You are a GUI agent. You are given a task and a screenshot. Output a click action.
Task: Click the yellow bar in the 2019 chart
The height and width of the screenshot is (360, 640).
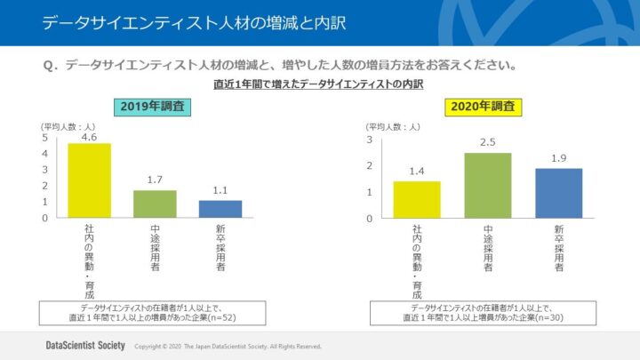pyautogui.click(x=90, y=180)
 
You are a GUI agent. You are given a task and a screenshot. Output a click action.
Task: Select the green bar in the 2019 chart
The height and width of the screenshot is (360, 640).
pyautogui.click(x=155, y=204)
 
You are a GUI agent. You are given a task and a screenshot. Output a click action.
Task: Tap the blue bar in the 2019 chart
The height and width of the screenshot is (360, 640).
pyautogui.click(x=220, y=209)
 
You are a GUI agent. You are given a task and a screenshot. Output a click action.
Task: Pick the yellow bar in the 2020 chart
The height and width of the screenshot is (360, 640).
pyautogui.click(x=417, y=199)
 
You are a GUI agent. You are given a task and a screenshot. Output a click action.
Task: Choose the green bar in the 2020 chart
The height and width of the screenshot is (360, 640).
pyautogui.click(x=488, y=185)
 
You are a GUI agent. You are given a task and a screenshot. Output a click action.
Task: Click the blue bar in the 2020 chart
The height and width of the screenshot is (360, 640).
pyautogui.click(x=558, y=193)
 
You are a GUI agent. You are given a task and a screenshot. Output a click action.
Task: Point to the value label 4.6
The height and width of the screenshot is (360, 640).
pyautogui.click(x=89, y=137)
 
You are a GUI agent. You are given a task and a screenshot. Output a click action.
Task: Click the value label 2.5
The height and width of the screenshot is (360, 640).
pyautogui.click(x=488, y=142)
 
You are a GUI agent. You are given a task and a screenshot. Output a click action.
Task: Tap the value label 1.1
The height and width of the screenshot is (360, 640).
pyautogui.click(x=220, y=190)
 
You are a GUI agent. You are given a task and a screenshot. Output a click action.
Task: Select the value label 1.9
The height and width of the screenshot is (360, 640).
pyautogui.click(x=558, y=158)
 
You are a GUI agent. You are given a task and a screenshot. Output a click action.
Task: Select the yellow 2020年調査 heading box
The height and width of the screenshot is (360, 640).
pyautogui.click(x=484, y=107)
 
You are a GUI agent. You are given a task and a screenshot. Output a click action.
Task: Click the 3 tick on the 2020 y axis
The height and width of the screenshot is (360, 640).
pyautogui.click(x=369, y=140)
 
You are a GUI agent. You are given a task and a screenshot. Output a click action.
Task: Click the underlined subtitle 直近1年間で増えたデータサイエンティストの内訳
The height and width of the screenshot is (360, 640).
pyautogui.click(x=318, y=84)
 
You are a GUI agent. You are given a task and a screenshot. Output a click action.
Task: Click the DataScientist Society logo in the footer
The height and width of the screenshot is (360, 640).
pyautogui.click(x=85, y=345)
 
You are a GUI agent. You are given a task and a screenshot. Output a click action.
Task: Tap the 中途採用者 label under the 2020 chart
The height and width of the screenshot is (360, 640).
pyautogui.click(x=488, y=248)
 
